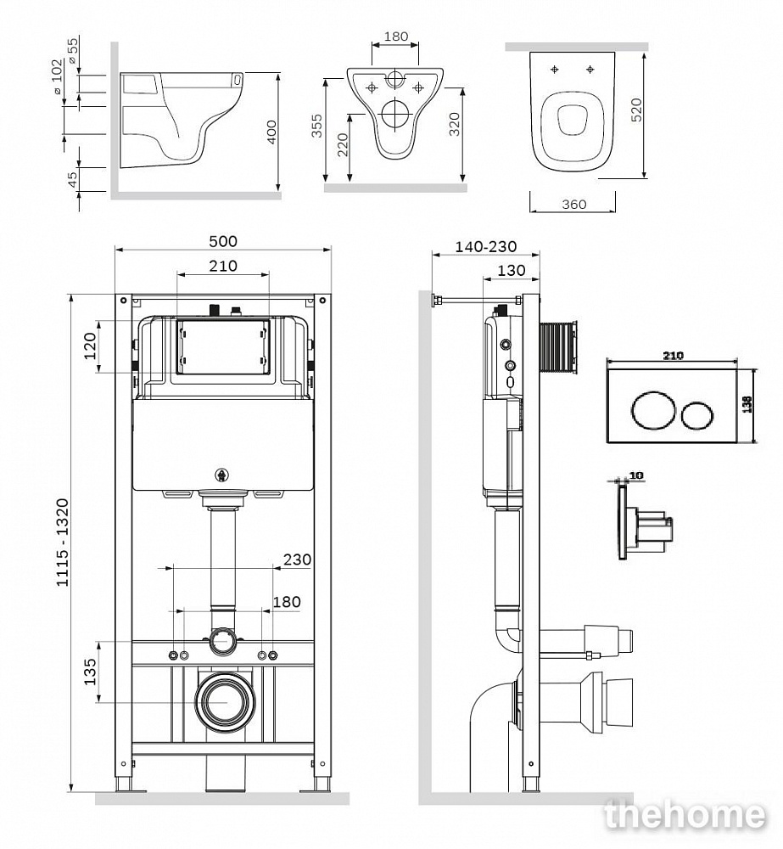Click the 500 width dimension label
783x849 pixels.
pos(222,241)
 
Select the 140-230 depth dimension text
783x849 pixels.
pos(485,246)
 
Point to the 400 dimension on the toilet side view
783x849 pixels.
pos(271,132)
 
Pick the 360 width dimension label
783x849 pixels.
pos(574,205)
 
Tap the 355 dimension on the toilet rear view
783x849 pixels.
pos(316,127)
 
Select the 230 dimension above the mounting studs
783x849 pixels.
pos(298,559)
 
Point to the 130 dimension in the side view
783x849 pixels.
pos(511,271)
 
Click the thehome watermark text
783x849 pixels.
pos(685,815)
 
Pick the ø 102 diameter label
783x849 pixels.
pos(57,82)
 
